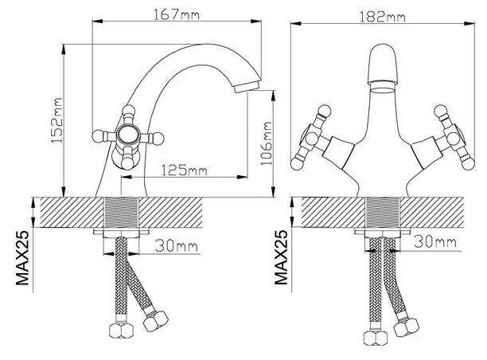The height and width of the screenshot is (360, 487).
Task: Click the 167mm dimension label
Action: coord(177,14)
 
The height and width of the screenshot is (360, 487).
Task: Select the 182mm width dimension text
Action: coord(382,17)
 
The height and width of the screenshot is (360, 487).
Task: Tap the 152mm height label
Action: coord(56,120)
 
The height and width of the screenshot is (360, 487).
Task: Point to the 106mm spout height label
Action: coord(266,143)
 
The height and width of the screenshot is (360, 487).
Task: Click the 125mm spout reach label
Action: coord(184,170)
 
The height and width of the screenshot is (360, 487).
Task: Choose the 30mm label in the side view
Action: coord(177,246)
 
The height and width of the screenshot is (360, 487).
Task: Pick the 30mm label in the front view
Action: coord(435,241)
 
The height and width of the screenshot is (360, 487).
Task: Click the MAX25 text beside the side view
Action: coord(22,258)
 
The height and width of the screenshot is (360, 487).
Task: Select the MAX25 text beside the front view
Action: coord(281,257)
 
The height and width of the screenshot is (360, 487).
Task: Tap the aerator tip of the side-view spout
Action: coord(247,86)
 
